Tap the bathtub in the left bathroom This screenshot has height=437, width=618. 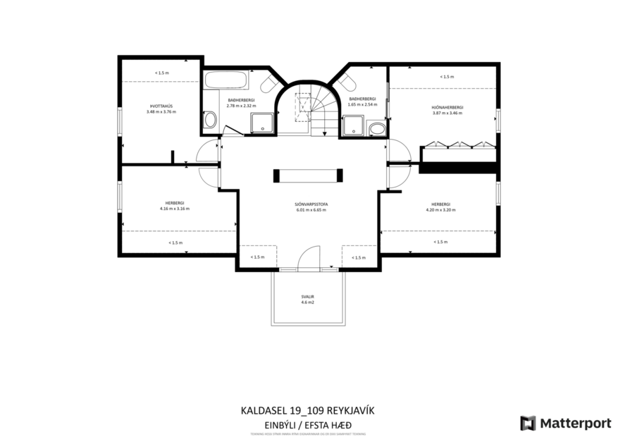225,79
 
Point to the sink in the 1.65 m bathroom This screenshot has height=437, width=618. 377,128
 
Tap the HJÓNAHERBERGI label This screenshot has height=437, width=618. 447,107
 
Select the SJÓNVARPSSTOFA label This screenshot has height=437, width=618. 311,204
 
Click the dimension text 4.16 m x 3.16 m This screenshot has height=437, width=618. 174,209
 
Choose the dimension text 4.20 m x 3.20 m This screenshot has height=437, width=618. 440,209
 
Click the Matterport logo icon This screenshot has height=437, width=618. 528,423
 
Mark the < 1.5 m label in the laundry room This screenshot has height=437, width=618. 161,73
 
